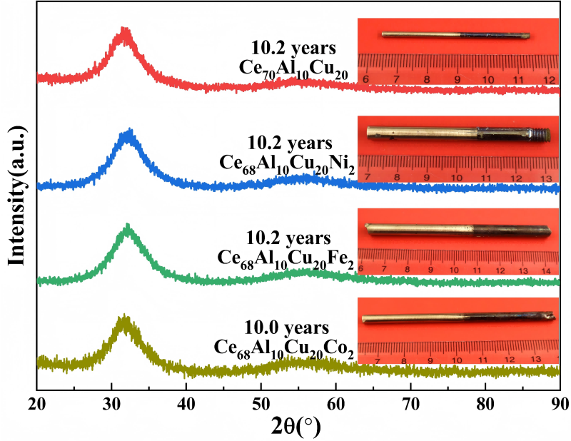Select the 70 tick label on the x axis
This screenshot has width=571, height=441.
(410, 403)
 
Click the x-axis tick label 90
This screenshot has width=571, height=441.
(560, 403)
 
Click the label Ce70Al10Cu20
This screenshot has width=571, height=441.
(293, 69)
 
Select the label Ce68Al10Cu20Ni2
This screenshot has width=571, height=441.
(286, 163)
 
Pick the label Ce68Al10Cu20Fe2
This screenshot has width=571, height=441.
(286, 258)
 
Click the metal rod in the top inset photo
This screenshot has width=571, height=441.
(455, 35)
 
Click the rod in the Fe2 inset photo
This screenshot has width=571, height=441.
(458, 230)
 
